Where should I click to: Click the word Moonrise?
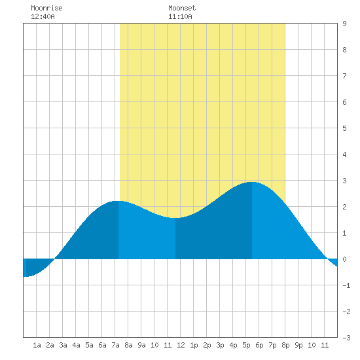click(x=46, y=8)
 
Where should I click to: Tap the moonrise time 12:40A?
click(x=43, y=16)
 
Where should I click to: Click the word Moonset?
click(x=182, y=8)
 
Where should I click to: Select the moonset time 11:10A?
click(x=180, y=16)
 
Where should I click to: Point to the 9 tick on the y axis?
click(x=344, y=24)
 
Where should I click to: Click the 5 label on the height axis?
click(x=344, y=128)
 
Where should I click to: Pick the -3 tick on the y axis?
click(x=346, y=338)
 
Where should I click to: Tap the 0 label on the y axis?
click(x=344, y=259)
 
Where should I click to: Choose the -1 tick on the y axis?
click(x=346, y=285)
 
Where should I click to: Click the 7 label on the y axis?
click(x=344, y=76)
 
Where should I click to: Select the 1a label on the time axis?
click(x=37, y=345)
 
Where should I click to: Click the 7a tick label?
click(x=115, y=345)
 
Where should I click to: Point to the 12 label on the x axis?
click(x=181, y=345)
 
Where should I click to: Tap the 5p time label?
click(x=246, y=345)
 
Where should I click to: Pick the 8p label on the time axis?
click(x=285, y=345)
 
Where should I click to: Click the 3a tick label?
click(x=63, y=345)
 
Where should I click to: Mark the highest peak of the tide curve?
click(x=252, y=182)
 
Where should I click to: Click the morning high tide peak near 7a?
click(x=118, y=201)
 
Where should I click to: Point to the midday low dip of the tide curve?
click(x=175, y=218)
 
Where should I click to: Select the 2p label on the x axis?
click(x=207, y=345)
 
